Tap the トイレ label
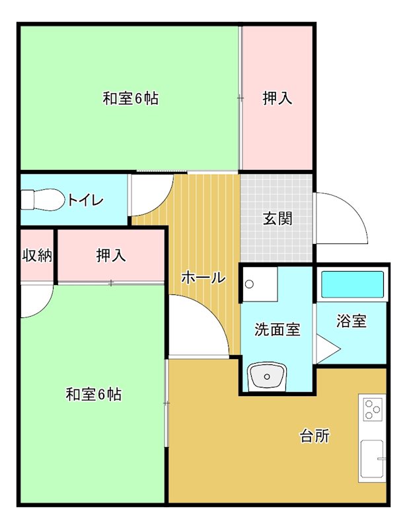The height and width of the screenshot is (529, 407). click(85, 200)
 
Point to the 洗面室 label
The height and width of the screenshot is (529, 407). click(277, 329)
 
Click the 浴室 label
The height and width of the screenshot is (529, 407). click(351, 322)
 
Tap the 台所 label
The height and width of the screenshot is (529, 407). click(314, 436)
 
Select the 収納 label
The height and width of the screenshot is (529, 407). click(37, 255)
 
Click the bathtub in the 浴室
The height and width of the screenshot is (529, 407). click(352, 286)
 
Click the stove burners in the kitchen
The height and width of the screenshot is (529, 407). click(373, 409)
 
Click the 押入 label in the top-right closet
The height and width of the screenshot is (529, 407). click(277, 99)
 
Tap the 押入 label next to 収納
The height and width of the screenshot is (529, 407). click(110, 255)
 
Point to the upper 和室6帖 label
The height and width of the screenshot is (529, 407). click(130, 99)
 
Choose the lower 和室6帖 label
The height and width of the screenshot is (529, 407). click(93, 395)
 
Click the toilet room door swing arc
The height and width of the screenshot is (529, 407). click(151, 195)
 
